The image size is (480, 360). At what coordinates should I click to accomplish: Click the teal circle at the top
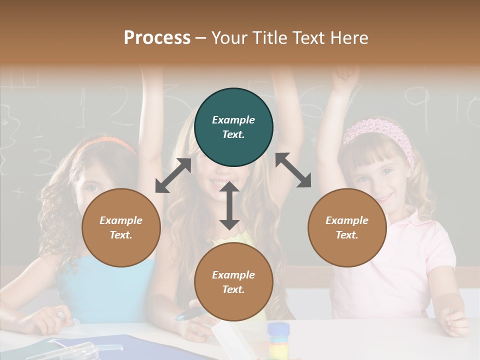(x=233, y=127)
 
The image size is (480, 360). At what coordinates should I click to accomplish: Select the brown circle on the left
(x=121, y=227)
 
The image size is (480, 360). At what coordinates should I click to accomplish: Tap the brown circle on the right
(x=347, y=227)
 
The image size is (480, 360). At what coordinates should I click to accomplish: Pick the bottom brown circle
(x=233, y=282)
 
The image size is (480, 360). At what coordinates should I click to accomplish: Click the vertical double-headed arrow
(x=229, y=205)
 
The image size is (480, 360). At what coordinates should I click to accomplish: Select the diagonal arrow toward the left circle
(x=173, y=175)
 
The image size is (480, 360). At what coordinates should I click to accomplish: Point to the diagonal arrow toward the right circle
(x=293, y=170)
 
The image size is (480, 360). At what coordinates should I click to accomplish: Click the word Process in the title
(x=157, y=37)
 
